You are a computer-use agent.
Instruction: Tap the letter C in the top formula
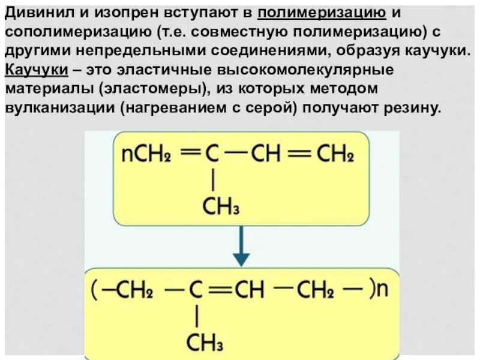[x=212, y=155]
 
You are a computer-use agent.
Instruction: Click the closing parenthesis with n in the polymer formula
[x=379, y=289]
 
